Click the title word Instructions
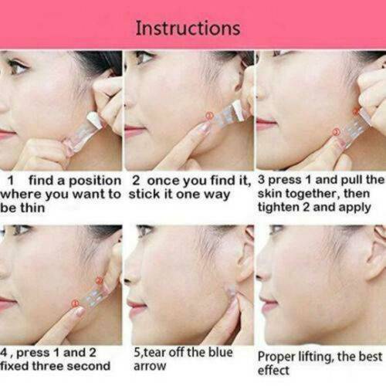click(x=188, y=29)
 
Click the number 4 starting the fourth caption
click(x=6, y=352)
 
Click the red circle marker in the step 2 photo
click(x=208, y=116)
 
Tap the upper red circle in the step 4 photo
click(x=98, y=279)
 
